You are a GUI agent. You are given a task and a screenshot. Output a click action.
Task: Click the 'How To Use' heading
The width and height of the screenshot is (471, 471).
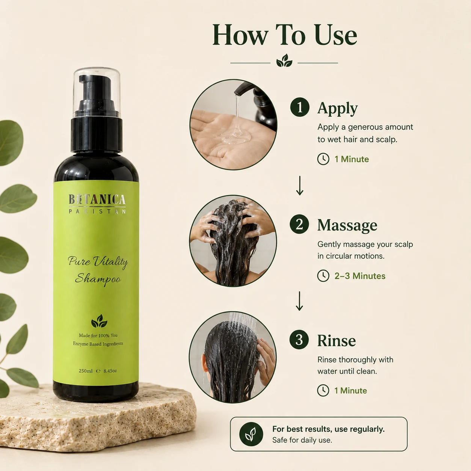coord(284,35)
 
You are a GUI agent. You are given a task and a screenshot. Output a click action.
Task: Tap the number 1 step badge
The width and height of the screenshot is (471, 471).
coord(300,107)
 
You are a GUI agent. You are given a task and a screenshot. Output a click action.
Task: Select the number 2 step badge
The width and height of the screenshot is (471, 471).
coord(299,224)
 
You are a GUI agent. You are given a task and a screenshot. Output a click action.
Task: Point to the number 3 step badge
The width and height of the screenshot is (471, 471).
coord(299,340)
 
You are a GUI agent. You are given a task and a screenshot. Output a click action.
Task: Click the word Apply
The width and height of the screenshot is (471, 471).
coord(337,109)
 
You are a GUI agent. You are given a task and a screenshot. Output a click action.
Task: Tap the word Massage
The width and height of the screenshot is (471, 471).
coord(347,225)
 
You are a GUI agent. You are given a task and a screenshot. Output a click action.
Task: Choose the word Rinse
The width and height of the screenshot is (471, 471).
coord(337,340)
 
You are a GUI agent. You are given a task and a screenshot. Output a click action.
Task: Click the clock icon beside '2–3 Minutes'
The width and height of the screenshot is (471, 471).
coord(323,276)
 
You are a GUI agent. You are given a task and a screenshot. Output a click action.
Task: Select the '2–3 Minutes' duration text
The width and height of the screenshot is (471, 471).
coord(360,276)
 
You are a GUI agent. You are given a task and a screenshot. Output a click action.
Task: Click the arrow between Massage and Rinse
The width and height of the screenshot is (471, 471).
coord(299,301)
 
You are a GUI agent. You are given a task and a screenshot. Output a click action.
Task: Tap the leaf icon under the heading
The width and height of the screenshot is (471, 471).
coord(284,61)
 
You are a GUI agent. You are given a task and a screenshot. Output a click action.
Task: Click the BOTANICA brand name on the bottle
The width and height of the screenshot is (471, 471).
coord(97,199)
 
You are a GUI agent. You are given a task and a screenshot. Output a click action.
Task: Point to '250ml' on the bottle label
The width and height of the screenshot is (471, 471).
coord(86,371)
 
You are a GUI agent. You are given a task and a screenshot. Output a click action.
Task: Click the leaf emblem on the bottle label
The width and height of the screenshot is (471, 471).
coord(99,321)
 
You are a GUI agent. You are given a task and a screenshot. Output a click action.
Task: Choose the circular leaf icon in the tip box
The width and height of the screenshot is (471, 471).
coord(251,434)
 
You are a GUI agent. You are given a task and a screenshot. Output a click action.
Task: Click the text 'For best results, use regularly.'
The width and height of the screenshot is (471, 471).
coord(328,429)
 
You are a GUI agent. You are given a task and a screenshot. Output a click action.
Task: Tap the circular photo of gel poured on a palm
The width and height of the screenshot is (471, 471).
coord(233,124)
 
